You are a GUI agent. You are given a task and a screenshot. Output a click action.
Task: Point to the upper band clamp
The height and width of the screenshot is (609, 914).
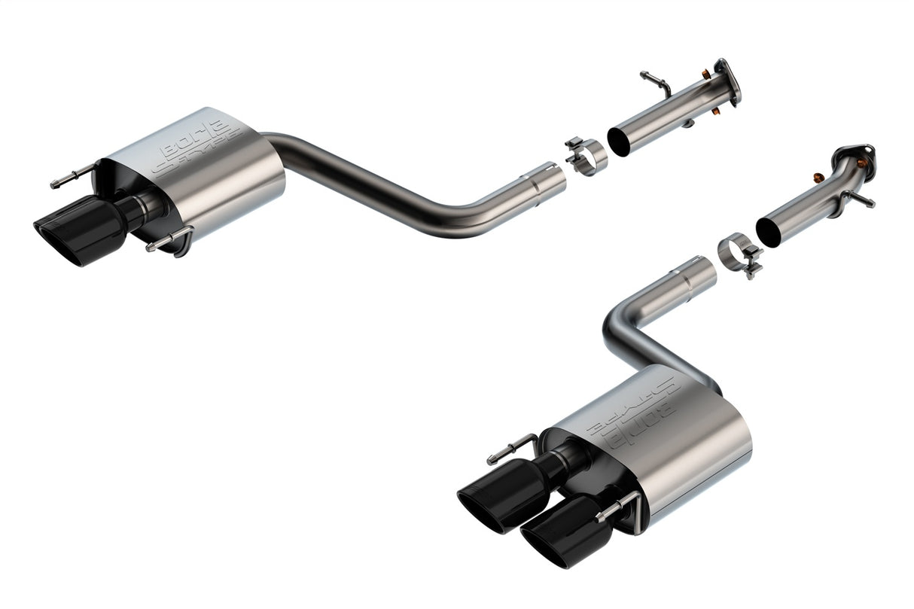click(586, 154)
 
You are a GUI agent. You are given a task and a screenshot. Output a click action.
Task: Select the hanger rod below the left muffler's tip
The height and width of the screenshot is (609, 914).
click(166, 242)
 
